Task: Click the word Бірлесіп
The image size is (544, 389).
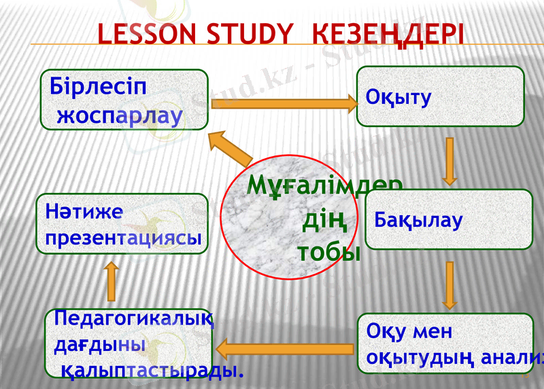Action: tap(98, 88)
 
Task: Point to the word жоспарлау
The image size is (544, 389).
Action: tap(120, 115)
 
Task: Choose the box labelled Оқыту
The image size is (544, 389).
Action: tap(440, 96)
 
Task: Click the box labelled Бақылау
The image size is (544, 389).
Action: tap(449, 219)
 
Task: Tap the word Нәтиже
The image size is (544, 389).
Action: tap(84, 212)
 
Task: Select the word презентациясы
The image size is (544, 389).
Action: tap(123, 238)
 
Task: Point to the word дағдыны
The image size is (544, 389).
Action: tap(99, 345)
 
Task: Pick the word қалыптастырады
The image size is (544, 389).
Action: tap(152, 371)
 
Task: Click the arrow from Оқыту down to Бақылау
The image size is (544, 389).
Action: tap(449, 161)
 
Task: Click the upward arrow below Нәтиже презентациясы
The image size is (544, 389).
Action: tap(112, 282)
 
